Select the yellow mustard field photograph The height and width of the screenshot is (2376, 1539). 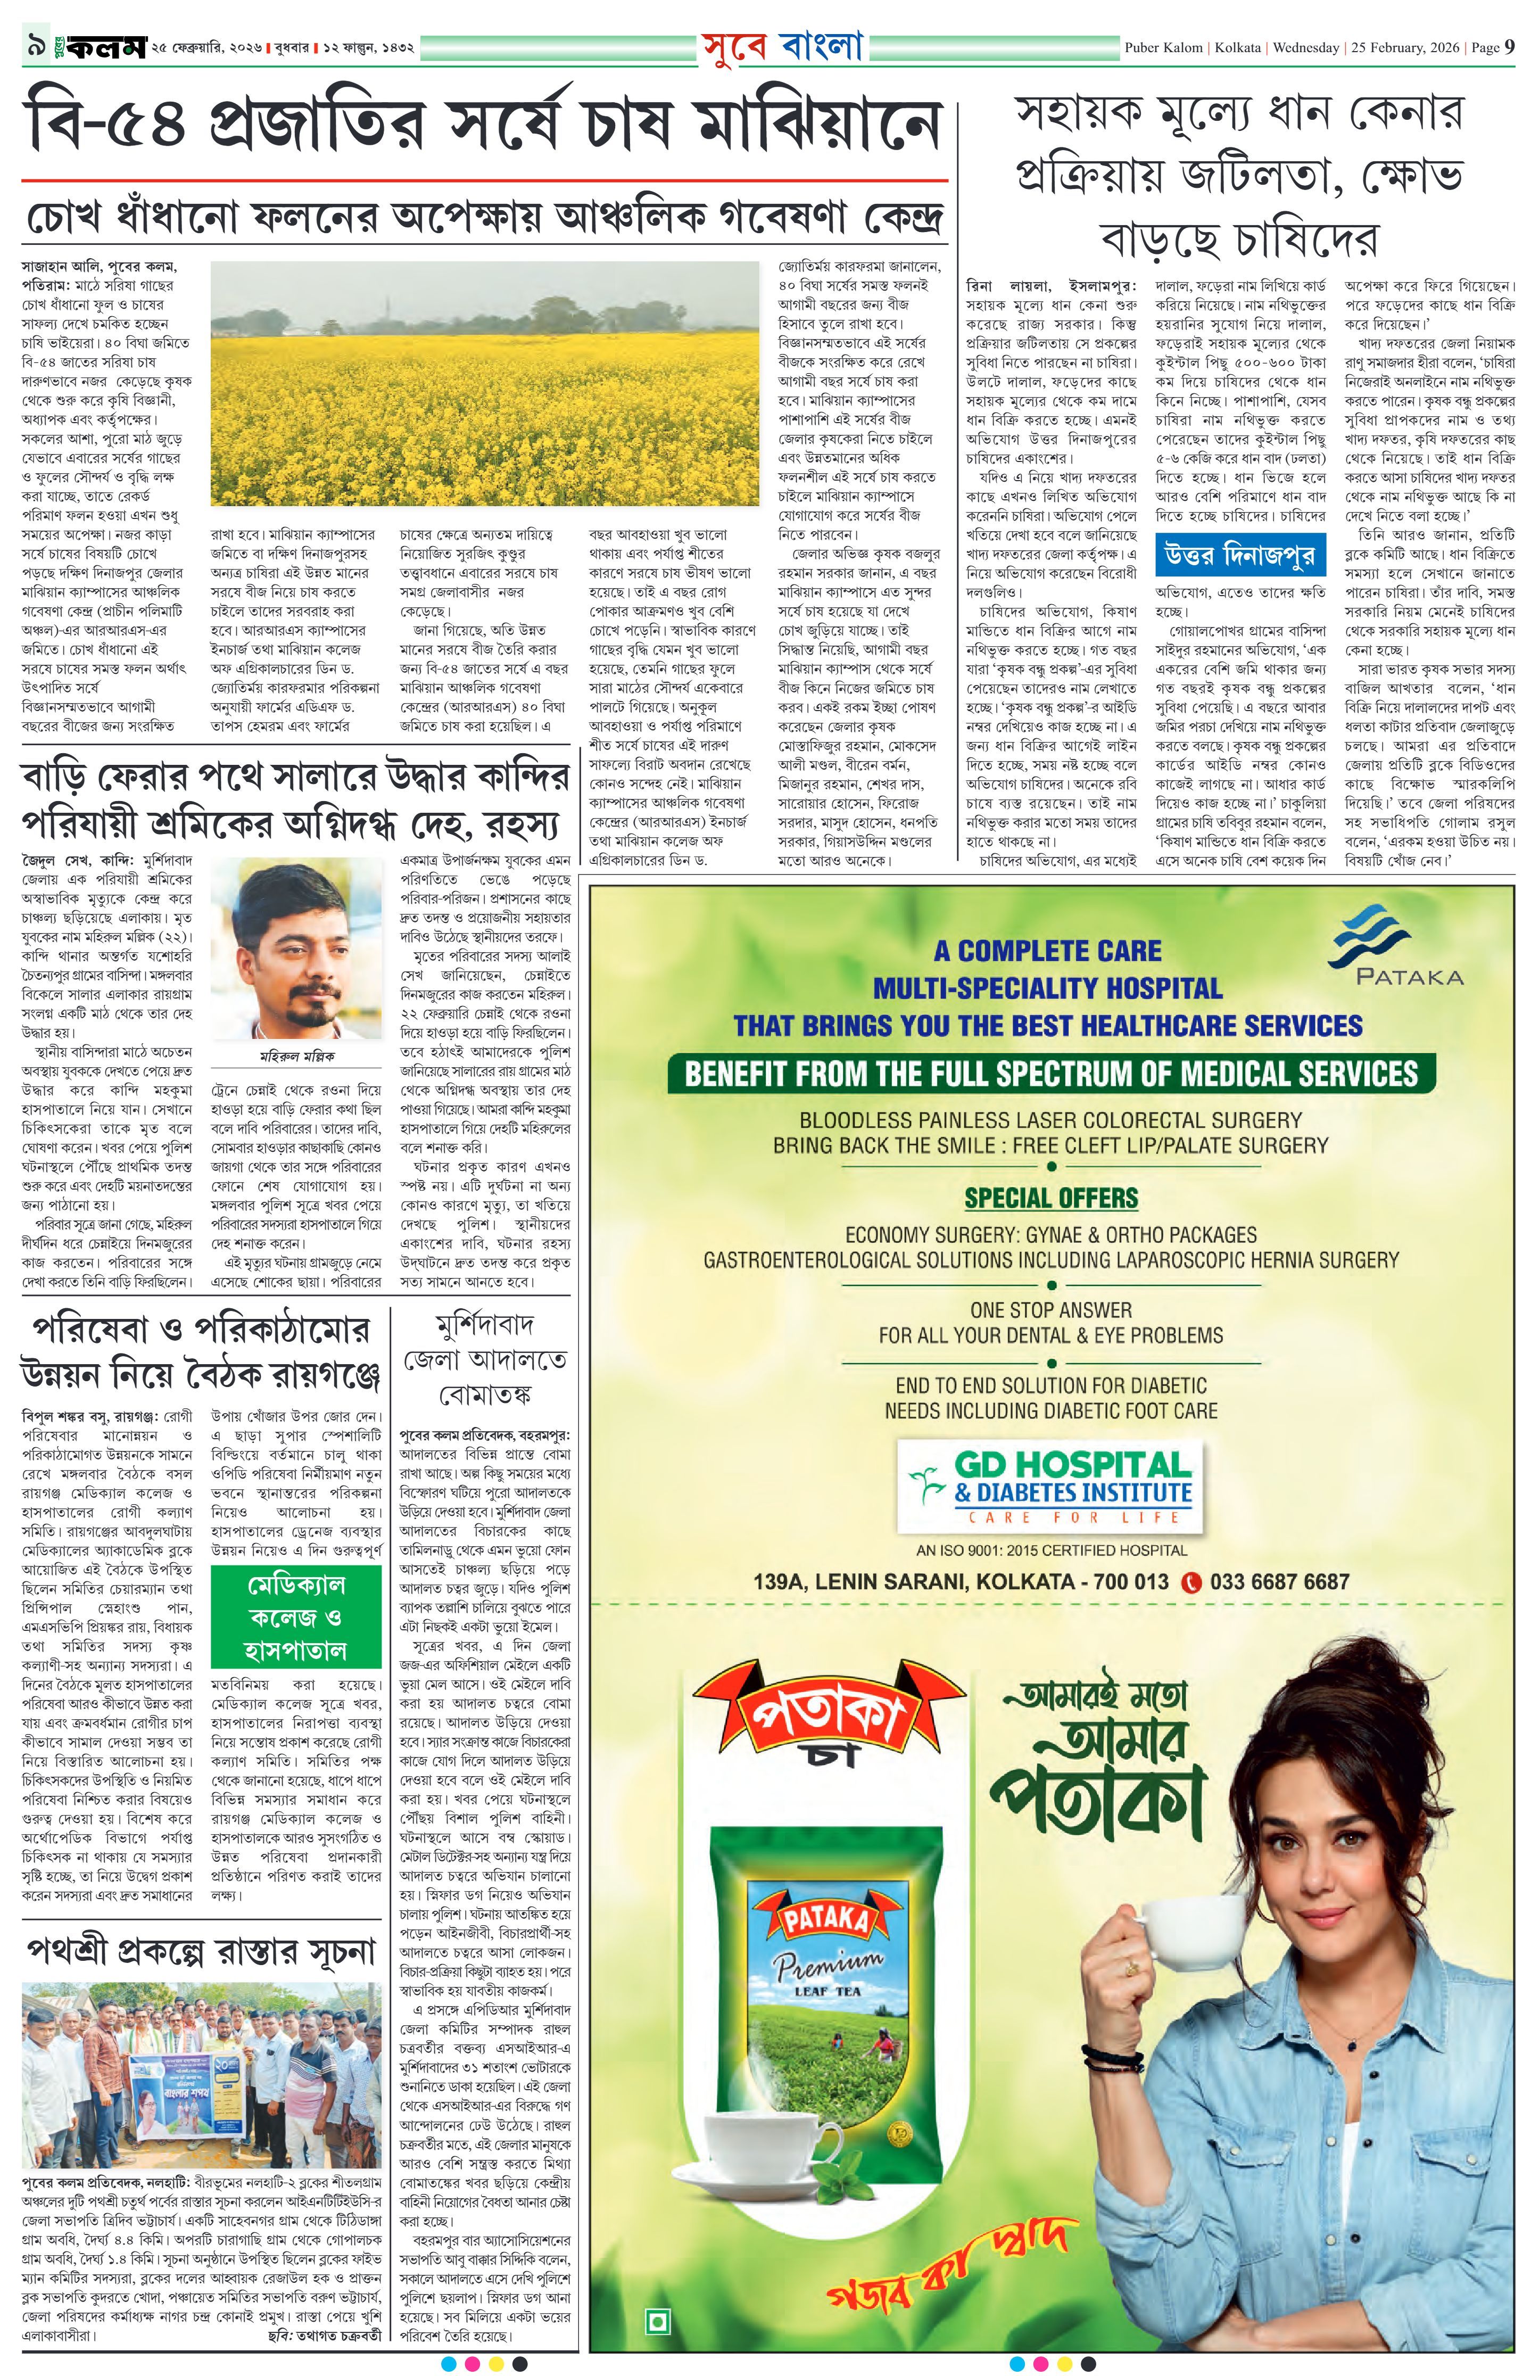point(485,383)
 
